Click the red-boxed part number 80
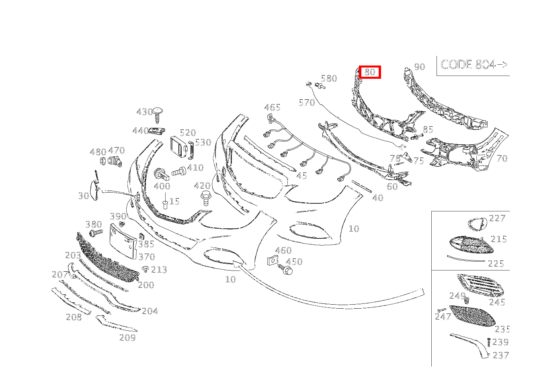(369, 72)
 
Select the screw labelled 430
(158, 115)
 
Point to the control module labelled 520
(178, 147)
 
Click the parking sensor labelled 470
(115, 161)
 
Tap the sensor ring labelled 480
(103, 161)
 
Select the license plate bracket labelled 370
(123, 241)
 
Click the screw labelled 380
(96, 232)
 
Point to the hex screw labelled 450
(285, 269)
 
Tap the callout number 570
(307, 102)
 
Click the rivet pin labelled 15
(165, 202)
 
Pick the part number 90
(420, 67)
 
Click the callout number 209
(127, 338)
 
